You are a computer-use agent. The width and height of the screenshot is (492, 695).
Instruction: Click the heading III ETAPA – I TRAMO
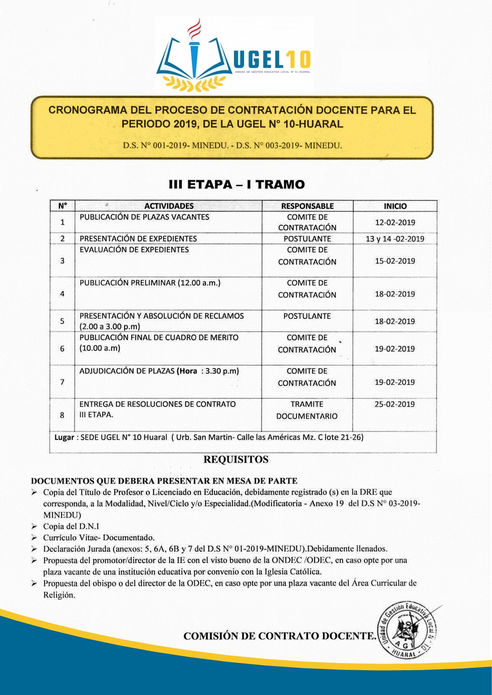[x=236, y=184]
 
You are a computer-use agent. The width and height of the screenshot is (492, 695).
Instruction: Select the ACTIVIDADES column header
[x=169, y=206]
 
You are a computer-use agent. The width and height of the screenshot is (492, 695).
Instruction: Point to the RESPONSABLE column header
[x=307, y=206]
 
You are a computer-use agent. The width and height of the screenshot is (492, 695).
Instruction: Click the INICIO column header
[x=395, y=206]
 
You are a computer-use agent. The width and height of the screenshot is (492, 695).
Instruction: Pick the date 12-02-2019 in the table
[x=395, y=222]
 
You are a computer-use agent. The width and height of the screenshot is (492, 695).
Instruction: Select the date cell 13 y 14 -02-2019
[x=395, y=239]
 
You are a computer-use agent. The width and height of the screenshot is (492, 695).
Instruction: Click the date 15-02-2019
[x=395, y=261]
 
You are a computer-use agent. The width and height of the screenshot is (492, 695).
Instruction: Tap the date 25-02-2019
[x=394, y=404]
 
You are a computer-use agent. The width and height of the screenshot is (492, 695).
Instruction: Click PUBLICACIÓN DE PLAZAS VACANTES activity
[x=144, y=217]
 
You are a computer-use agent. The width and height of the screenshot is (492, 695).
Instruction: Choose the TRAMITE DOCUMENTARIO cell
[x=307, y=410]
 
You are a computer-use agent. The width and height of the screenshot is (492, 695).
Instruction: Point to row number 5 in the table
[x=62, y=321]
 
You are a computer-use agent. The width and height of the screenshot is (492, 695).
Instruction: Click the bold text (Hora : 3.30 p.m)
[x=208, y=371]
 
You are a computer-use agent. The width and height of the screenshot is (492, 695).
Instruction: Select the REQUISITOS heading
[x=236, y=459]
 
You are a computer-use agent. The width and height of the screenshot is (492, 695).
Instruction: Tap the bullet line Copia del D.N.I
[x=71, y=526]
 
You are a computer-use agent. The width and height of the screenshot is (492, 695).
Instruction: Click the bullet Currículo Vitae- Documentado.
[x=99, y=537]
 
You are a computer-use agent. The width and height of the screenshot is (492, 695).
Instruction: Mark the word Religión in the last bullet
[x=59, y=595]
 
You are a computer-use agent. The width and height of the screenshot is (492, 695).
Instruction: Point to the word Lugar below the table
[x=64, y=437]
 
